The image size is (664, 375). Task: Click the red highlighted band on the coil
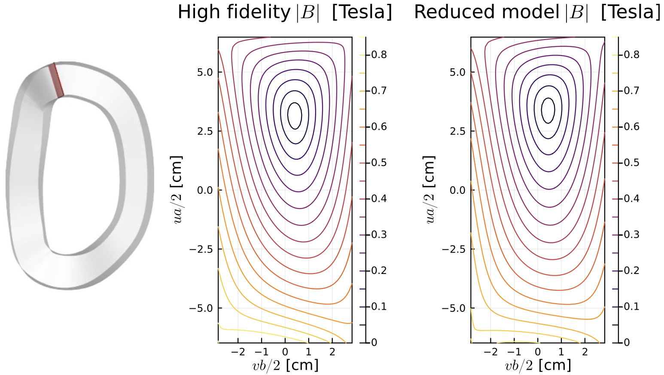pos(56,80)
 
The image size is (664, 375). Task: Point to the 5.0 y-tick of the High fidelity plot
pos(205,72)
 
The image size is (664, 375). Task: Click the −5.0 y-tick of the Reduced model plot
pos(455,308)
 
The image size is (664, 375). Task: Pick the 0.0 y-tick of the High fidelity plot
pos(205,190)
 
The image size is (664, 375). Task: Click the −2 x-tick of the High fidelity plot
pos(238,352)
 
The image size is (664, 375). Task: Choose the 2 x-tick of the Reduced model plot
pos(585,352)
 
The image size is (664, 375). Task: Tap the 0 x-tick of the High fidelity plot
pos(285,352)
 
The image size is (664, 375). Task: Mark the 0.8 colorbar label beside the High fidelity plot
pos(379,55)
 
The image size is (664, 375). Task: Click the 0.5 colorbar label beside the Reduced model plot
pos(631,163)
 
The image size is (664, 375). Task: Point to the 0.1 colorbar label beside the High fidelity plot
pos(379,307)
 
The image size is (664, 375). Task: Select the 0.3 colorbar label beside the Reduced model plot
pos(631,234)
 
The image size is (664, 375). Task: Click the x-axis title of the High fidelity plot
pos(285,366)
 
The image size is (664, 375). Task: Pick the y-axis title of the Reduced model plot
pos(430,189)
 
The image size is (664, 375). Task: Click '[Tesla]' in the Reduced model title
pos(630,12)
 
